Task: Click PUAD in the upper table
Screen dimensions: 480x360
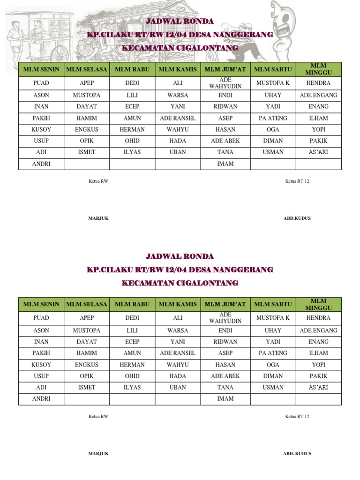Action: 41,83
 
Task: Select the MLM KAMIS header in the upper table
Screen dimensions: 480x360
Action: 178,69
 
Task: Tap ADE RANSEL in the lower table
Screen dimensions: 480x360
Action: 178,353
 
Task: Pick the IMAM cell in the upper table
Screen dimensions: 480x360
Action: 225,164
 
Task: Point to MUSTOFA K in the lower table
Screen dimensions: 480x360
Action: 273,318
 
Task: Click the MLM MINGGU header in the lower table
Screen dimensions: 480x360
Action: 318,304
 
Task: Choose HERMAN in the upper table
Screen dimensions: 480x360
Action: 132,129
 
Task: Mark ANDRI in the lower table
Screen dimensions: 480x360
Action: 41,399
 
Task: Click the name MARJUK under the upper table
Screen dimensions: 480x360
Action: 98,218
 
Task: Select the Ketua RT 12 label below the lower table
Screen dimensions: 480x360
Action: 297,416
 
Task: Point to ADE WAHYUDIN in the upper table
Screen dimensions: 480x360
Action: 225,83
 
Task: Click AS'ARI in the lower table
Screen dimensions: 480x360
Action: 318,387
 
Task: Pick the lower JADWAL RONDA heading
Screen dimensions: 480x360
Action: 180,256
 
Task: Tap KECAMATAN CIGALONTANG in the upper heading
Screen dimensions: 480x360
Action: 180,48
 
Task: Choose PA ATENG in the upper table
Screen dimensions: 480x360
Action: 273,118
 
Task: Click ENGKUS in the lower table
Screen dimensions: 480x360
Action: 87,365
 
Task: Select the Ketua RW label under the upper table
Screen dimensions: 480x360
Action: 98,181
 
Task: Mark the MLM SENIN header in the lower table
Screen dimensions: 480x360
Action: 41,304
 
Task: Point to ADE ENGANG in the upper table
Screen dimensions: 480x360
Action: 318,95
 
